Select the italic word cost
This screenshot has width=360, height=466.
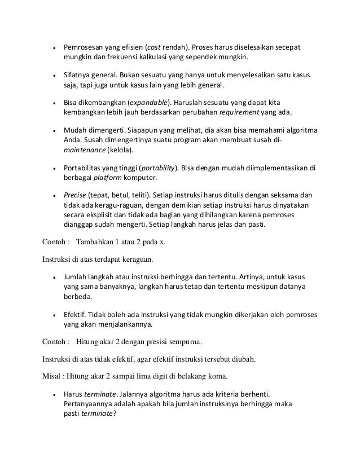pos(155,47)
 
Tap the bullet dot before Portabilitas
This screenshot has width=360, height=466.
pos(54,168)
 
